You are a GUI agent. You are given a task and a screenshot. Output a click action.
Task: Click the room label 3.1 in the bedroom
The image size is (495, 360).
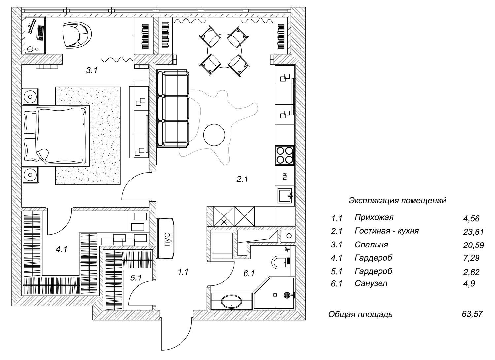tap(92, 70)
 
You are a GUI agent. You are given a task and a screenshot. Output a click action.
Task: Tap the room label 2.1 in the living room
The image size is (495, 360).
tap(242, 179)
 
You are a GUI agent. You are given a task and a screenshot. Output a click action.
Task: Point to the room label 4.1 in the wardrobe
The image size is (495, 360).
tap(62, 250)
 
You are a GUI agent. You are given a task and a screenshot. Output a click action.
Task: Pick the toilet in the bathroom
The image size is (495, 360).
tap(280, 262)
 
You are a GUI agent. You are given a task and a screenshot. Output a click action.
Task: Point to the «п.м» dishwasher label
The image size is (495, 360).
tap(285, 177)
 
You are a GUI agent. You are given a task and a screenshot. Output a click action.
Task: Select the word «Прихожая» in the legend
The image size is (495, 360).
tap(374, 217)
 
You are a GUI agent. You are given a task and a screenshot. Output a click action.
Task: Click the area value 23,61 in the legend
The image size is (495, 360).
tap(473, 232)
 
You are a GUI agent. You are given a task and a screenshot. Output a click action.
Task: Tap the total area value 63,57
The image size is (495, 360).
tap(473, 314)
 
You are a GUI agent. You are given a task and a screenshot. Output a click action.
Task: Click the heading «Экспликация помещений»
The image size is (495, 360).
tap(397, 200)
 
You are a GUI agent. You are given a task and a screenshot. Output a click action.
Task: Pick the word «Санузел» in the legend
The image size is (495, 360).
tap(371, 283)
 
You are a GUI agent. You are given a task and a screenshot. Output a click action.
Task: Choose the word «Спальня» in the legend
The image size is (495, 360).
tap(371, 245)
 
